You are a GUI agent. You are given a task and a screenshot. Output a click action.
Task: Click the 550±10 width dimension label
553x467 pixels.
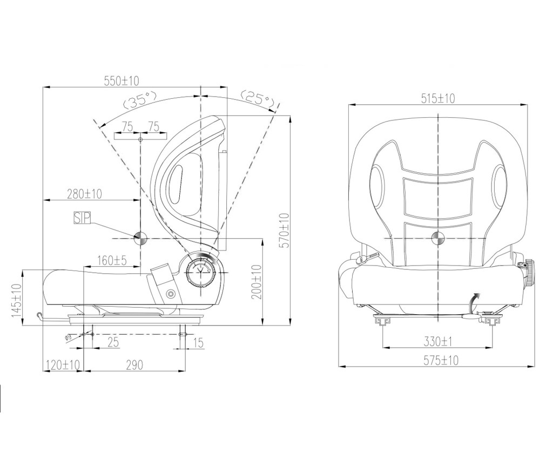pos(122,80)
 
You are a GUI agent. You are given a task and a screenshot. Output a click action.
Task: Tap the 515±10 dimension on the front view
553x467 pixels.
pos(438,98)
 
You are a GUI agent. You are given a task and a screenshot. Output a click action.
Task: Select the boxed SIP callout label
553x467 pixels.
pos(82,218)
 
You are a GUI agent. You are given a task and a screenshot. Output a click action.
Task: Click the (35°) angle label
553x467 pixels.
pos(139,99)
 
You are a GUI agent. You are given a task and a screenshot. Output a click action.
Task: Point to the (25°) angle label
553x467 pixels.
pos(258,99)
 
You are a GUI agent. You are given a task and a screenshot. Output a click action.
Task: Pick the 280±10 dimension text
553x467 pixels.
pos(84,193)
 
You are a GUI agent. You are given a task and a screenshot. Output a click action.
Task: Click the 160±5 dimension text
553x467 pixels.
pos(112,260)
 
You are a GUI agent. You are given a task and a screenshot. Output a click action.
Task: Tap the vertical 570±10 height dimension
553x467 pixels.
pos(284,230)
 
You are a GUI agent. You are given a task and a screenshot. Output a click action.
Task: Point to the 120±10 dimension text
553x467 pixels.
pos(63,364)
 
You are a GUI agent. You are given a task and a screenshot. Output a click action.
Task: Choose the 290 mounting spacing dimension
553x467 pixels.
pos(134,365)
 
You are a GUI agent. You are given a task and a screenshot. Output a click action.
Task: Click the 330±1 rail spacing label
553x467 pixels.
pos(438,341)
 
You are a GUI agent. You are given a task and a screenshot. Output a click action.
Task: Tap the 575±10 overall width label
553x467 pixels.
pos(441,360)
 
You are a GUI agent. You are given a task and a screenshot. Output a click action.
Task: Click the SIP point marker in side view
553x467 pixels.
pos(140,239)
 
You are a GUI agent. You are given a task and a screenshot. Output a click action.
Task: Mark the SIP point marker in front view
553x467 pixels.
pos(439,238)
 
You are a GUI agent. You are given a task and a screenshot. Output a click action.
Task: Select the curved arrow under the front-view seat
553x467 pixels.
pos(474,302)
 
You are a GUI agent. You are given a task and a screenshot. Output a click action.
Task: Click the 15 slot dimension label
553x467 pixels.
pos(199,342)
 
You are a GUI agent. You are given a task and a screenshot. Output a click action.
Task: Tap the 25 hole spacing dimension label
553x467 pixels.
pos(113,342)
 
